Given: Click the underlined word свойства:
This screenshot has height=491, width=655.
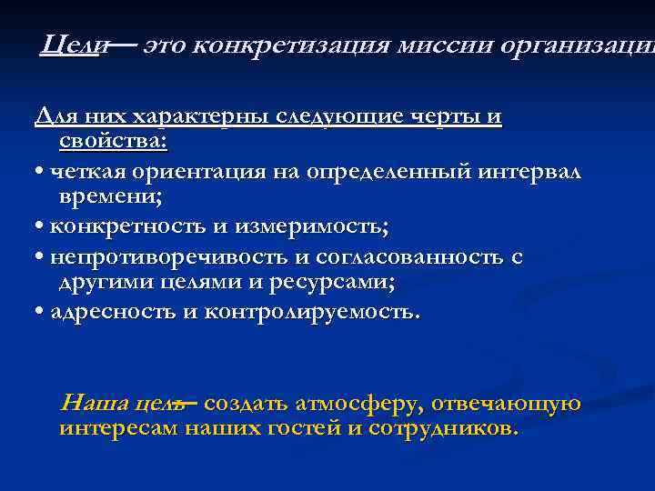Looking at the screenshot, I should click(x=112, y=141).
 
